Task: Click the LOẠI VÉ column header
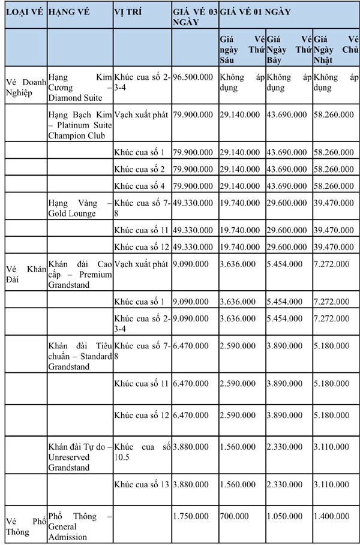click(25, 12)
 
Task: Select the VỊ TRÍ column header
click(129, 12)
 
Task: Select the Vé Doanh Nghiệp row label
click(25, 87)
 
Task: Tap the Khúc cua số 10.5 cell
click(142, 452)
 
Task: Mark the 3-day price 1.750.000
click(191, 516)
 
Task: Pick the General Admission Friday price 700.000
click(233, 516)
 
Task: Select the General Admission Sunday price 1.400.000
click(331, 516)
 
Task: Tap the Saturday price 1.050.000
click(284, 516)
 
